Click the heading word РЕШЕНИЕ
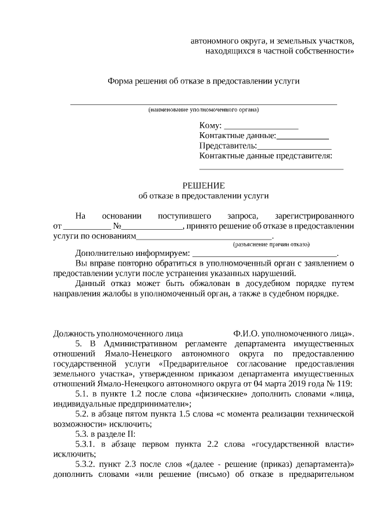pyautogui.click(x=203, y=186)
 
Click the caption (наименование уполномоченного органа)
pyautogui.click(x=203, y=110)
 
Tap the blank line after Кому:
pyautogui.click(x=261, y=126)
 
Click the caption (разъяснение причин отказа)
pyautogui.click(x=271, y=245)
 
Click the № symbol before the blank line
pyautogui.click(x=117, y=226)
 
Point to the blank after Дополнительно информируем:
pyautogui.click(x=264, y=254)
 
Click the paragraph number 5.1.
pyautogui.click(x=85, y=394)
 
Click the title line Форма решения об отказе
pyautogui.click(x=203, y=81)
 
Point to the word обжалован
pyautogui.click(x=208, y=284)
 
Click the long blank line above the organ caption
pyautogui.click(x=203, y=104)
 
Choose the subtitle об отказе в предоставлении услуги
pyautogui.click(x=203, y=195)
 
